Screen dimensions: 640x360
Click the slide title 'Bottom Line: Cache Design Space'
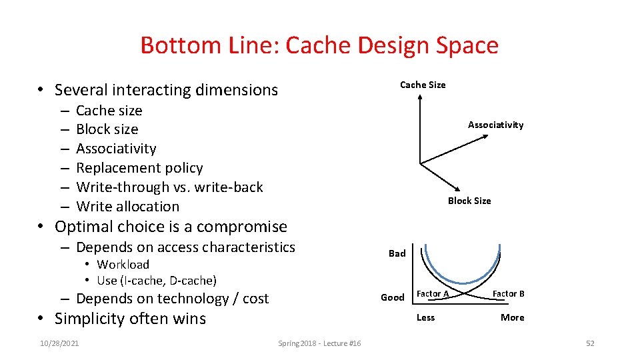pyautogui.click(x=319, y=45)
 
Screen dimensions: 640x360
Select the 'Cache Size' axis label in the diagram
pyautogui.click(x=423, y=85)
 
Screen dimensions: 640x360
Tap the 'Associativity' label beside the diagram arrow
pyautogui.click(x=495, y=125)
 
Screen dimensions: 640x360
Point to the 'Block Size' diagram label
pyautogui.click(x=469, y=201)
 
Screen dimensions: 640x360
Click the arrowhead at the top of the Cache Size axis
pyautogui.click(x=420, y=97)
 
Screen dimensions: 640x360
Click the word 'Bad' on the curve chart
pyautogui.click(x=397, y=253)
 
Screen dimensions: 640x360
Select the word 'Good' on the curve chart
pyautogui.click(x=392, y=297)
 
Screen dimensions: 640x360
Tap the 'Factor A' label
pyautogui.click(x=432, y=294)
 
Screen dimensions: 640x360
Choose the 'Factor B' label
pyautogui.click(x=508, y=294)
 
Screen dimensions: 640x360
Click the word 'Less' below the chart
pyautogui.click(x=425, y=317)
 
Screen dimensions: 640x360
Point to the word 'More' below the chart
pyautogui.click(x=512, y=317)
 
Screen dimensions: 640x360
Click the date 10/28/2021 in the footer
pyautogui.click(x=59, y=343)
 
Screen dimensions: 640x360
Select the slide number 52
pyautogui.click(x=589, y=343)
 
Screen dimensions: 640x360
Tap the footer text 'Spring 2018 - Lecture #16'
pyautogui.click(x=319, y=343)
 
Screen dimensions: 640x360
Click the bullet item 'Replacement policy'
pyautogui.click(x=139, y=168)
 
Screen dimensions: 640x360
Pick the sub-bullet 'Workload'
pyautogui.click(x=123, y=265)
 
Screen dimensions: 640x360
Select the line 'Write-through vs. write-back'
pyautogui.click(x=169, y=187)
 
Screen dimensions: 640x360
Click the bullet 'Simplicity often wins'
pyautogui.click(x=130, y=319)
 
